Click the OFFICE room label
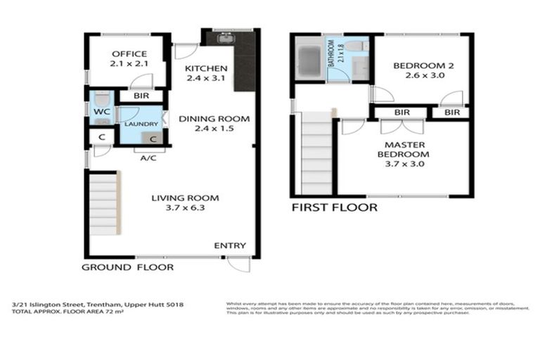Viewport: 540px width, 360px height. tap(129, 54)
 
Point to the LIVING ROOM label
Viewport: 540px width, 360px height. tap(185, 198)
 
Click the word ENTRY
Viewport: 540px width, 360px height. tap(230, 245)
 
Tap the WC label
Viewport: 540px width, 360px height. tap(99, 111)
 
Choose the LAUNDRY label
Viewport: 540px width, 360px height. tap(141, 124)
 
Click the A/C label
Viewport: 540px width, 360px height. tap(148, 158)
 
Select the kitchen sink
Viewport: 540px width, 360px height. tap(225, 39)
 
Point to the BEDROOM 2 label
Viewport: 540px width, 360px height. tap(423, 66)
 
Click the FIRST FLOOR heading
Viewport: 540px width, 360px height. tap(334, 207)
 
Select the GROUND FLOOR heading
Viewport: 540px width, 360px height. tap(127, 267)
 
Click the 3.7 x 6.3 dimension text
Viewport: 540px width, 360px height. tap(185, 208)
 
